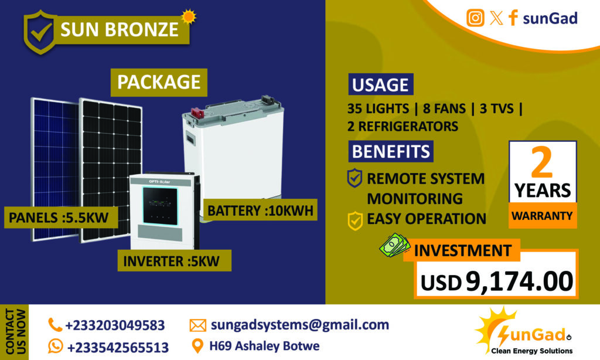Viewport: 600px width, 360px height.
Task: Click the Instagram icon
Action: coord(475,18)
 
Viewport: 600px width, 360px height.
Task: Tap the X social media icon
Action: coord(496,18)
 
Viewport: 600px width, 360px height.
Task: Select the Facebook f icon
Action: coord(513,18)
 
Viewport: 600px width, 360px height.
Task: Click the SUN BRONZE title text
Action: coord(120,29)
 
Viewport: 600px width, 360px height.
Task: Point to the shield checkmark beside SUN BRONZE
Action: coord(40,32)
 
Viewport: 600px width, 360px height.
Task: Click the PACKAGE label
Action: coord(159,82)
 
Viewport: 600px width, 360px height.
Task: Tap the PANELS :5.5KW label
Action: coord(59,218)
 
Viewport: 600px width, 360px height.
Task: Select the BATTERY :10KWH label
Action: coord(260,210)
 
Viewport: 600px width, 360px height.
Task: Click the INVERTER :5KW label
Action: coord(171,261)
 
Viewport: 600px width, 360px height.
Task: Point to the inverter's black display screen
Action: coord(160,206)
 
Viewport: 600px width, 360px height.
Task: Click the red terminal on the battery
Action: coord(197,113)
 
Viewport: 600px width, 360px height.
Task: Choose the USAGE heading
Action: coord(380,84)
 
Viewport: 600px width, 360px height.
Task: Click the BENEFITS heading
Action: coord(391,151)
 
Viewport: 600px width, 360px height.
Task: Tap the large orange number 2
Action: coord(542,162)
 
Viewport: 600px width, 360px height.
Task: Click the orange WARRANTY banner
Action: coord(542,216)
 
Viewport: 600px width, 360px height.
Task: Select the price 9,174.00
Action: coord(519,281)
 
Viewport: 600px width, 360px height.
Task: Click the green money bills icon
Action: coord(394,244)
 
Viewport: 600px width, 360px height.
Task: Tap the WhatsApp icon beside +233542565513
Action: coord(56,346)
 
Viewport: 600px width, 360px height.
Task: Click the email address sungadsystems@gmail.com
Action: coord(299,325)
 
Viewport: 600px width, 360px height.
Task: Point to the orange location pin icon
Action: coord(197,346)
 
